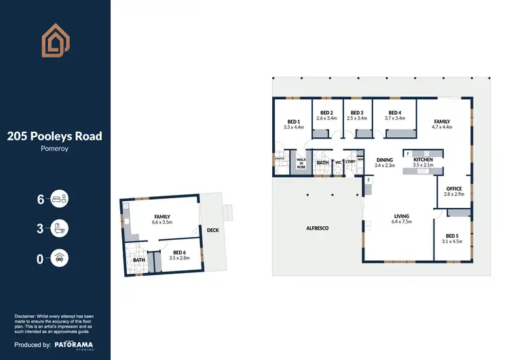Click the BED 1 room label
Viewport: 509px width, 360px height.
click(x=293, y=121)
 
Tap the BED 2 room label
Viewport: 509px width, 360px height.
click(x=326, y=113)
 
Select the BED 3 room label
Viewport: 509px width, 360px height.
click(x=357, y=113)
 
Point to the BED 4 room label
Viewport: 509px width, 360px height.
click(x=395, y=113)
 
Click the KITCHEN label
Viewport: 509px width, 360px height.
click(x=423, y=160)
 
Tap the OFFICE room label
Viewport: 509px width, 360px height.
click(x=453, y=188)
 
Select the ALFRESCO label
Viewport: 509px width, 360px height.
click(x=316, y=228)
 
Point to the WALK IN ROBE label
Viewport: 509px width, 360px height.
click(x=301, y=162)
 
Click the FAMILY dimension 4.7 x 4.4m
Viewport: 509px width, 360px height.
click(x=441, y=126)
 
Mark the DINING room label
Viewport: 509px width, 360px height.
click(x=385, y=160)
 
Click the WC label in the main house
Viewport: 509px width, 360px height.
click(x=337, y=162)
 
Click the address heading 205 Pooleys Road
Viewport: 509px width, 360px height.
click(x=54, y=136)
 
